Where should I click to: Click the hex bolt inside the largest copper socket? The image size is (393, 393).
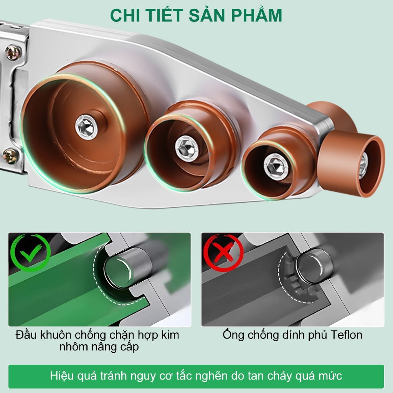point(86,127)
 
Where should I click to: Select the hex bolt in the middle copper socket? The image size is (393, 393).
point(187,149)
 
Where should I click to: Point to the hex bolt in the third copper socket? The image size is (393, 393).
point(276,167)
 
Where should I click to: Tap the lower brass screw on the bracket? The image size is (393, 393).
point(11,156)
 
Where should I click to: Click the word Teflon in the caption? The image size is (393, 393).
point(346,335)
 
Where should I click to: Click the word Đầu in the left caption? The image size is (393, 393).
point(26,335)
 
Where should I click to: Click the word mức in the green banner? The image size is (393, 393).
point(330,376)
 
